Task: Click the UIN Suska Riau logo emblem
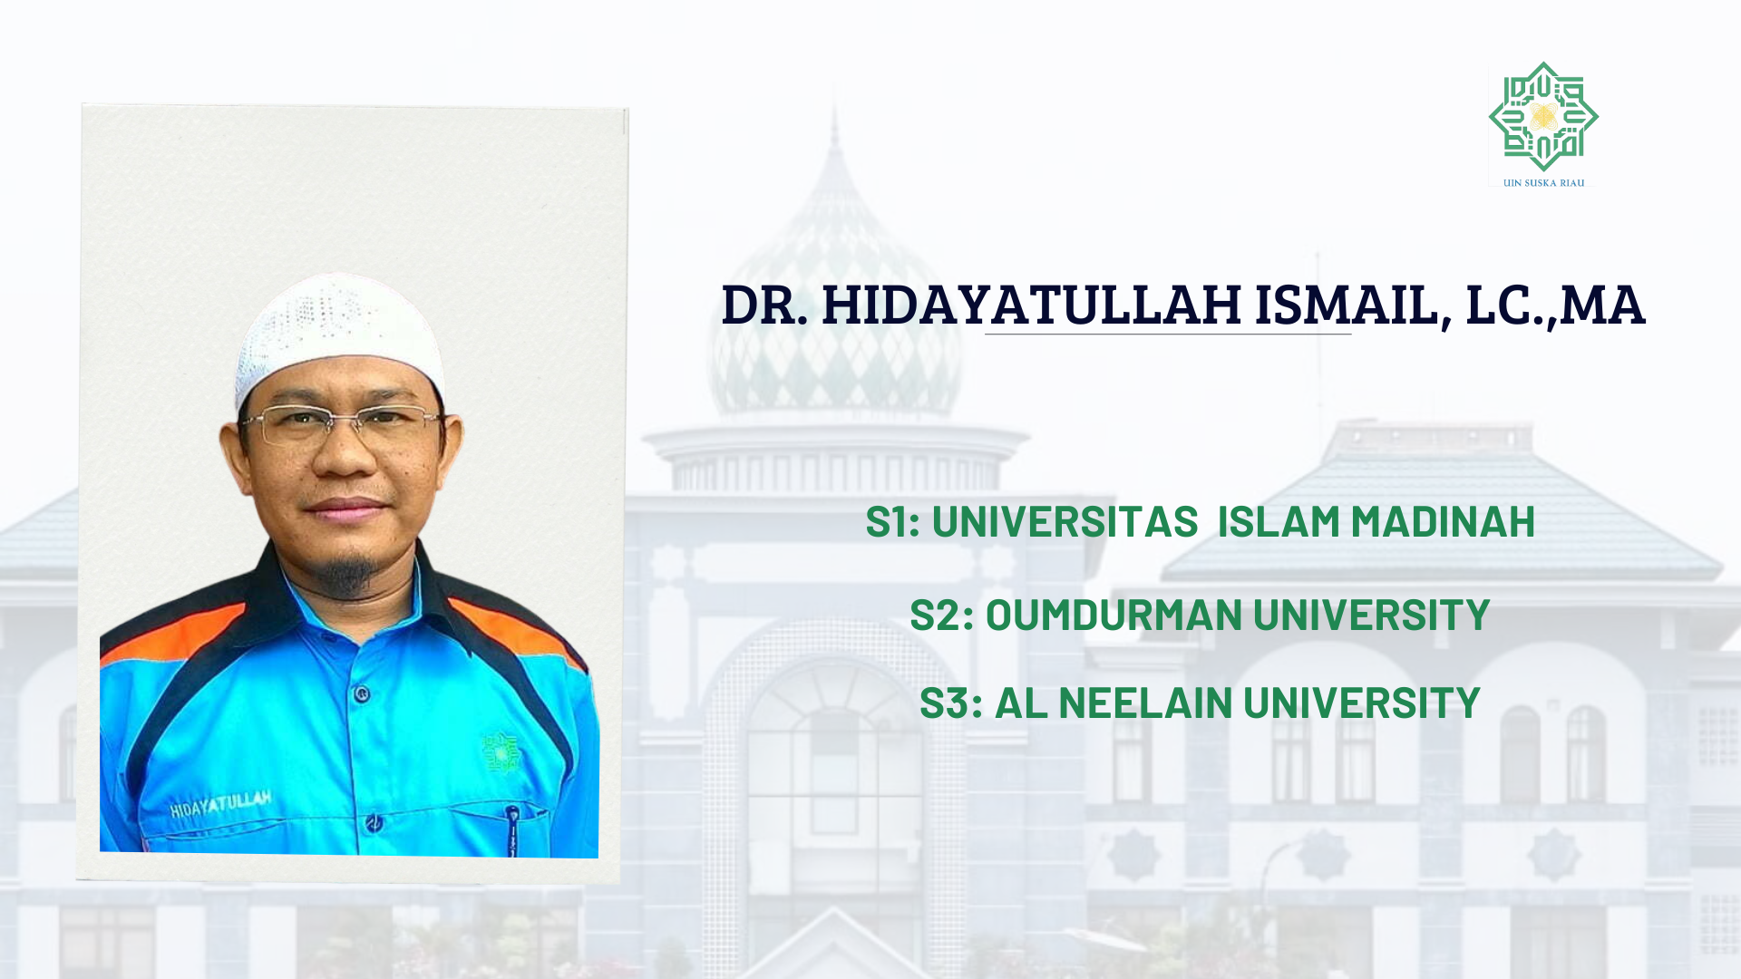click(1543, 117)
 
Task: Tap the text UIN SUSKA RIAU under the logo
click(1543, 183)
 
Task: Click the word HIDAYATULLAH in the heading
click(1031, 305)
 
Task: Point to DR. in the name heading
click(764, 305)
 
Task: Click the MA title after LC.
click(1602, 305)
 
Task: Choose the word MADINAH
click(1443, 521)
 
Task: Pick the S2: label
click(941, 615)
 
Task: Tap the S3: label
click(950, 703)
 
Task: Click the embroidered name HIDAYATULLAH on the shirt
click(220, 803)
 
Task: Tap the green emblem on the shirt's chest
click(500, 751)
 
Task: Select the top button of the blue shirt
click(362, 695)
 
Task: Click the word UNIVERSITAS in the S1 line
click(1065, 521)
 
